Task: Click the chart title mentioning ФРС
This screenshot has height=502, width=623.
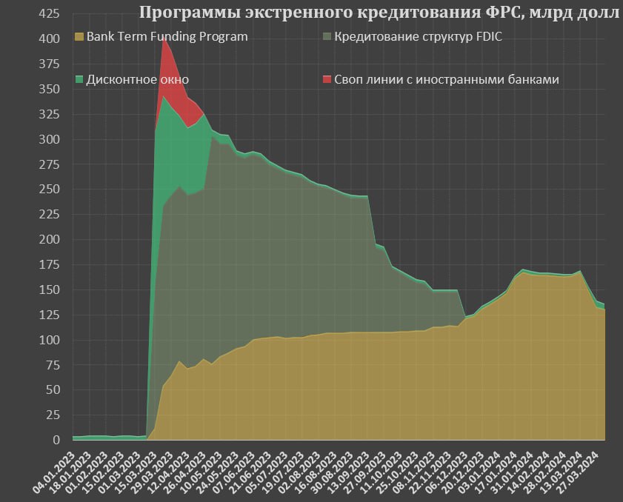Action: [379, 13]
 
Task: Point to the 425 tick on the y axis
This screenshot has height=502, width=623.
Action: [48, 13]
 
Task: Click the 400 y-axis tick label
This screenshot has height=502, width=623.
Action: [48, 39]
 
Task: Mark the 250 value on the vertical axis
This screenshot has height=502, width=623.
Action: [48, 189]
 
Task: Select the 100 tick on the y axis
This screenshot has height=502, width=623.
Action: [48, 340]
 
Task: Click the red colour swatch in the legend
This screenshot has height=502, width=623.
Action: [328, 79]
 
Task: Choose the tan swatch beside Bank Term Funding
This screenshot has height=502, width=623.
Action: [80, 36]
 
